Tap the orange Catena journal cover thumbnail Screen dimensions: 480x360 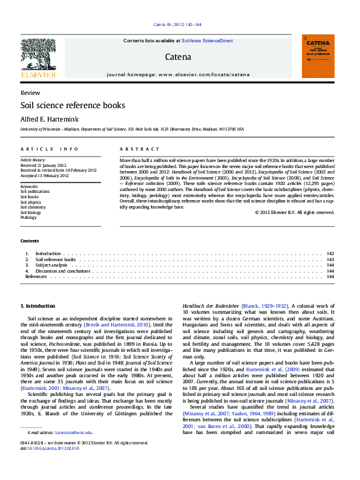318,56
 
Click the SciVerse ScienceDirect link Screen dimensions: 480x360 208,41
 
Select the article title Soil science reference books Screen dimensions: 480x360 73,105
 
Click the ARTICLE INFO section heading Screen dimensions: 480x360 50,149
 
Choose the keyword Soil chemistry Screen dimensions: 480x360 33,207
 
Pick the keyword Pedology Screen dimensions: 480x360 29,218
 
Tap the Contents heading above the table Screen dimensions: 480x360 30,241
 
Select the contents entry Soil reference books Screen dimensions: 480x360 55,259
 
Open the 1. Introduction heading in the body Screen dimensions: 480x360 38,306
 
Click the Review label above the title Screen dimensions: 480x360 30,93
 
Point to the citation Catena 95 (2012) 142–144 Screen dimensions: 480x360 177,25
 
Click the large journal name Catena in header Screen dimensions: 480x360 177,57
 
